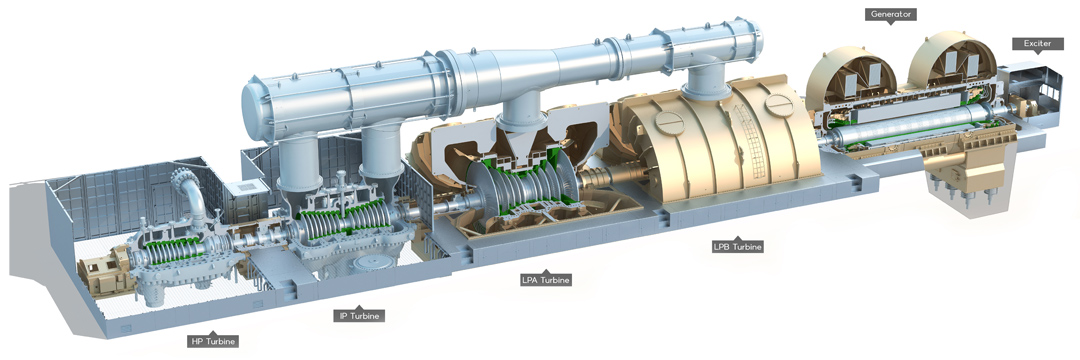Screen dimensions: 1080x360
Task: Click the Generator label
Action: pos(890,14)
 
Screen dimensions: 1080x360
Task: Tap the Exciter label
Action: pos(1037,43)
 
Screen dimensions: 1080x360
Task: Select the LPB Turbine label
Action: pos(738,246)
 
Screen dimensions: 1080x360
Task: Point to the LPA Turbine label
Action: pos(546,279)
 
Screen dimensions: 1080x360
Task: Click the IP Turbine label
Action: pos(359,315)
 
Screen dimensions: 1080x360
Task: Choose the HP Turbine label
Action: pos(214,341)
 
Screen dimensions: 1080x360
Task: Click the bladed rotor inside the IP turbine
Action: pos(342,219)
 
